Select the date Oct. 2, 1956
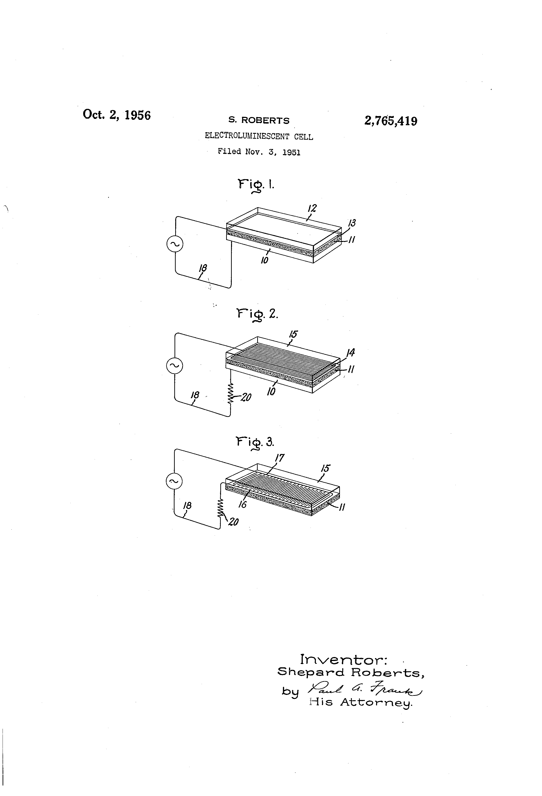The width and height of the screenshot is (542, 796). click(x=117, y=115)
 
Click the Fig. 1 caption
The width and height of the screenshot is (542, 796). click(x=256, y=185)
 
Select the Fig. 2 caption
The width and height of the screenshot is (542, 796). click(x=257, y=314)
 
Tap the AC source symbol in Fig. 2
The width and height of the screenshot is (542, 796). click(x=174, y=366)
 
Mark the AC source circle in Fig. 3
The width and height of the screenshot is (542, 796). click(x=174, y=481)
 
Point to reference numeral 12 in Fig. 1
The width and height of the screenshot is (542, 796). click(x=312, y=208)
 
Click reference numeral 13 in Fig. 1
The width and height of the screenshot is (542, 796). click(x=352, y=223)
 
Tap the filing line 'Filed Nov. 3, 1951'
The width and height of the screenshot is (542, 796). click(x=259, y=152)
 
